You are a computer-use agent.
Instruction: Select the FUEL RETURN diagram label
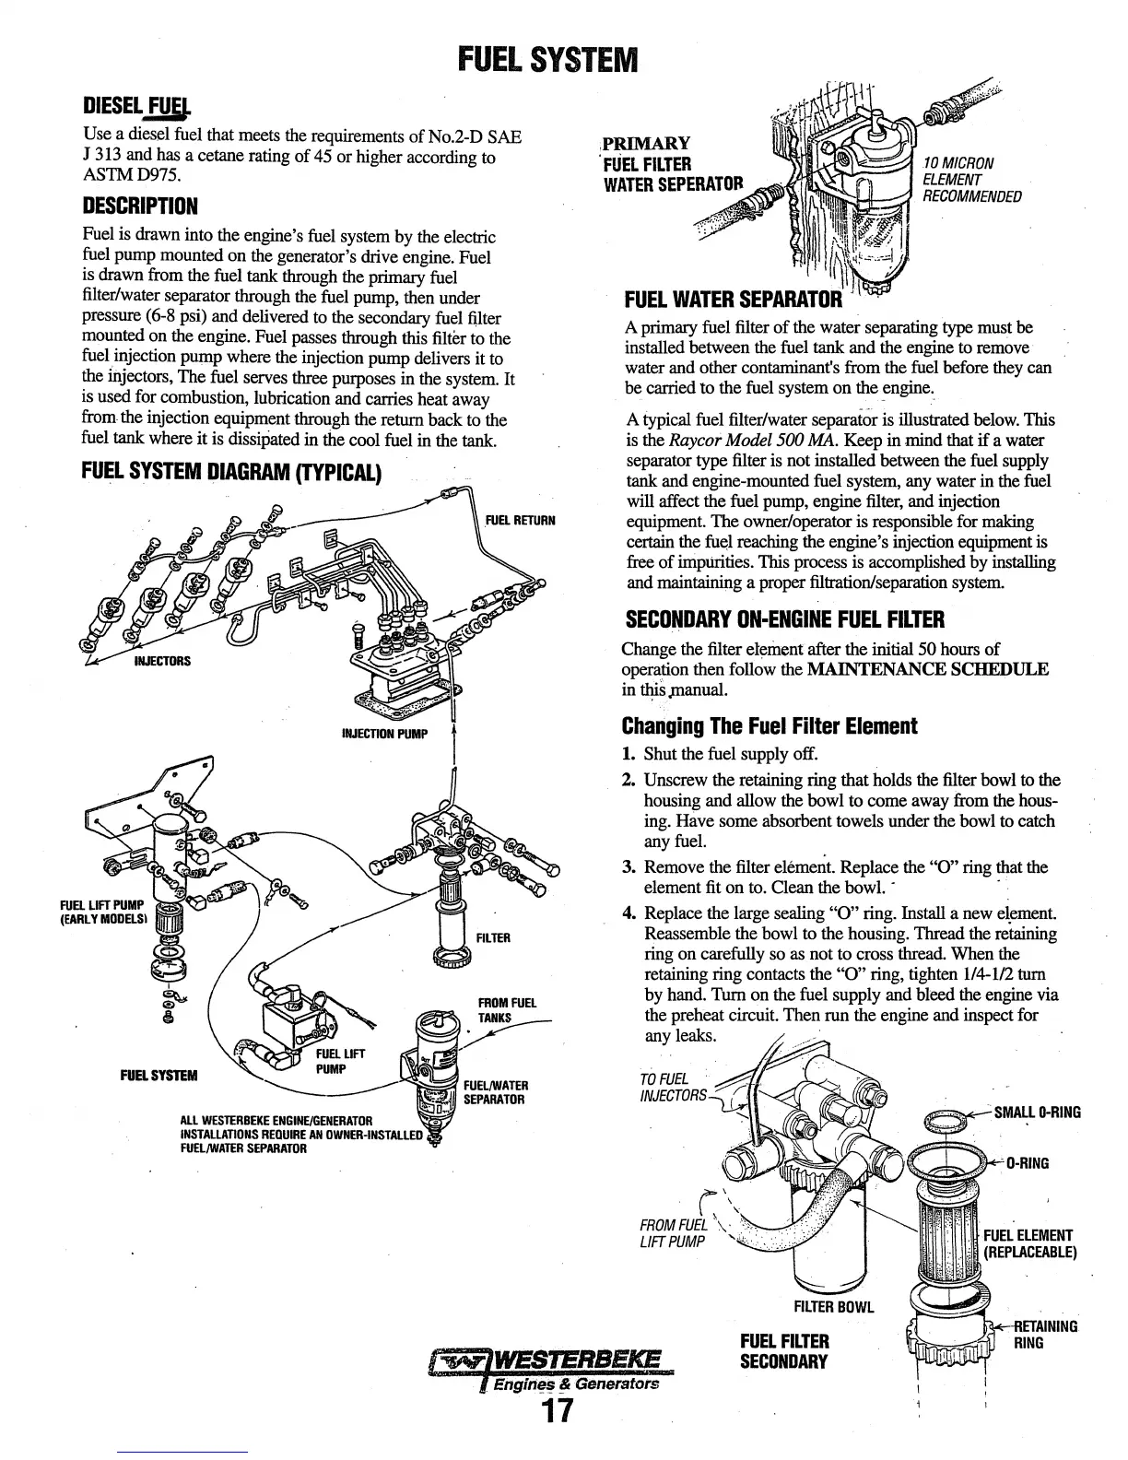520,520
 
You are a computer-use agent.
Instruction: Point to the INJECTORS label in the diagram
162,661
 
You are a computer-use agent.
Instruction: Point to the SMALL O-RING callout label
1036,1113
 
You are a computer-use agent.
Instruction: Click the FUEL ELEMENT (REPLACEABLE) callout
1028,1244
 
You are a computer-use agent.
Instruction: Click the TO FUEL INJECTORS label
673,1088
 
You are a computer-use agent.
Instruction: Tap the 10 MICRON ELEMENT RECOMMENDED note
971,180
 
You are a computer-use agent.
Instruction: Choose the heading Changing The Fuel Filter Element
770,725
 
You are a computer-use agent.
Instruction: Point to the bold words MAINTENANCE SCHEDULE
927,668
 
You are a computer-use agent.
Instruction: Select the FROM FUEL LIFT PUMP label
672,1233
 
